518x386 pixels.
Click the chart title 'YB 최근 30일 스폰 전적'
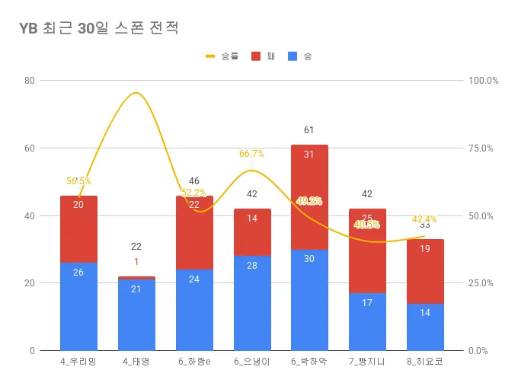pos(99,29)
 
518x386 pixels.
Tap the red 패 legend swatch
pos(255,56)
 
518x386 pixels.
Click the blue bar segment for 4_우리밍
pos(78,306)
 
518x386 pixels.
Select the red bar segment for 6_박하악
pos(309,197)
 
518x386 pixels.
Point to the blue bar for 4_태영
pos(136,314)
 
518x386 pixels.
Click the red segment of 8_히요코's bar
pos(425,271)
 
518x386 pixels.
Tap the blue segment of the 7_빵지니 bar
pos(367,321)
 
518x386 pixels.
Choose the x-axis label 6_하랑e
pos(194,362)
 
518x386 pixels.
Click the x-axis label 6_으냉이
pos(252,362)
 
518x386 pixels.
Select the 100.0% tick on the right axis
pos(483,81)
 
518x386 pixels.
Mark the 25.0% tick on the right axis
pos(483,283)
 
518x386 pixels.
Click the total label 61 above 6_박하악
pos(309,131)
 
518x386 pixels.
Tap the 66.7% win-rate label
pos(251,154)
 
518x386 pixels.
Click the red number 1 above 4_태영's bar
pos(136,262)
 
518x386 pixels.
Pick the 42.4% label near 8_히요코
pos(425,219)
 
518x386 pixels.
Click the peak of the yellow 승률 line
pos(136,93)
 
